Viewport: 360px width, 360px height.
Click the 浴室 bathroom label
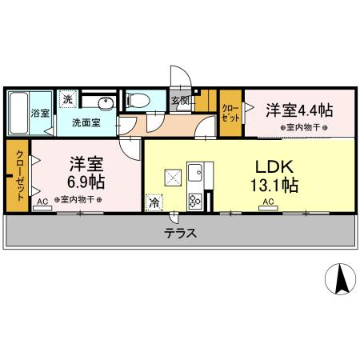point(38,113)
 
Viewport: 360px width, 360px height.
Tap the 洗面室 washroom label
point(86,122)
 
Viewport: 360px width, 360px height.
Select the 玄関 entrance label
point(180,101)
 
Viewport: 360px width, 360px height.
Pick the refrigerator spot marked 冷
point(152,202)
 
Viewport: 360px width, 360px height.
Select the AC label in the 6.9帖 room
point(42,203)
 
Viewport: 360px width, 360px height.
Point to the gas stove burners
point(194,200)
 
